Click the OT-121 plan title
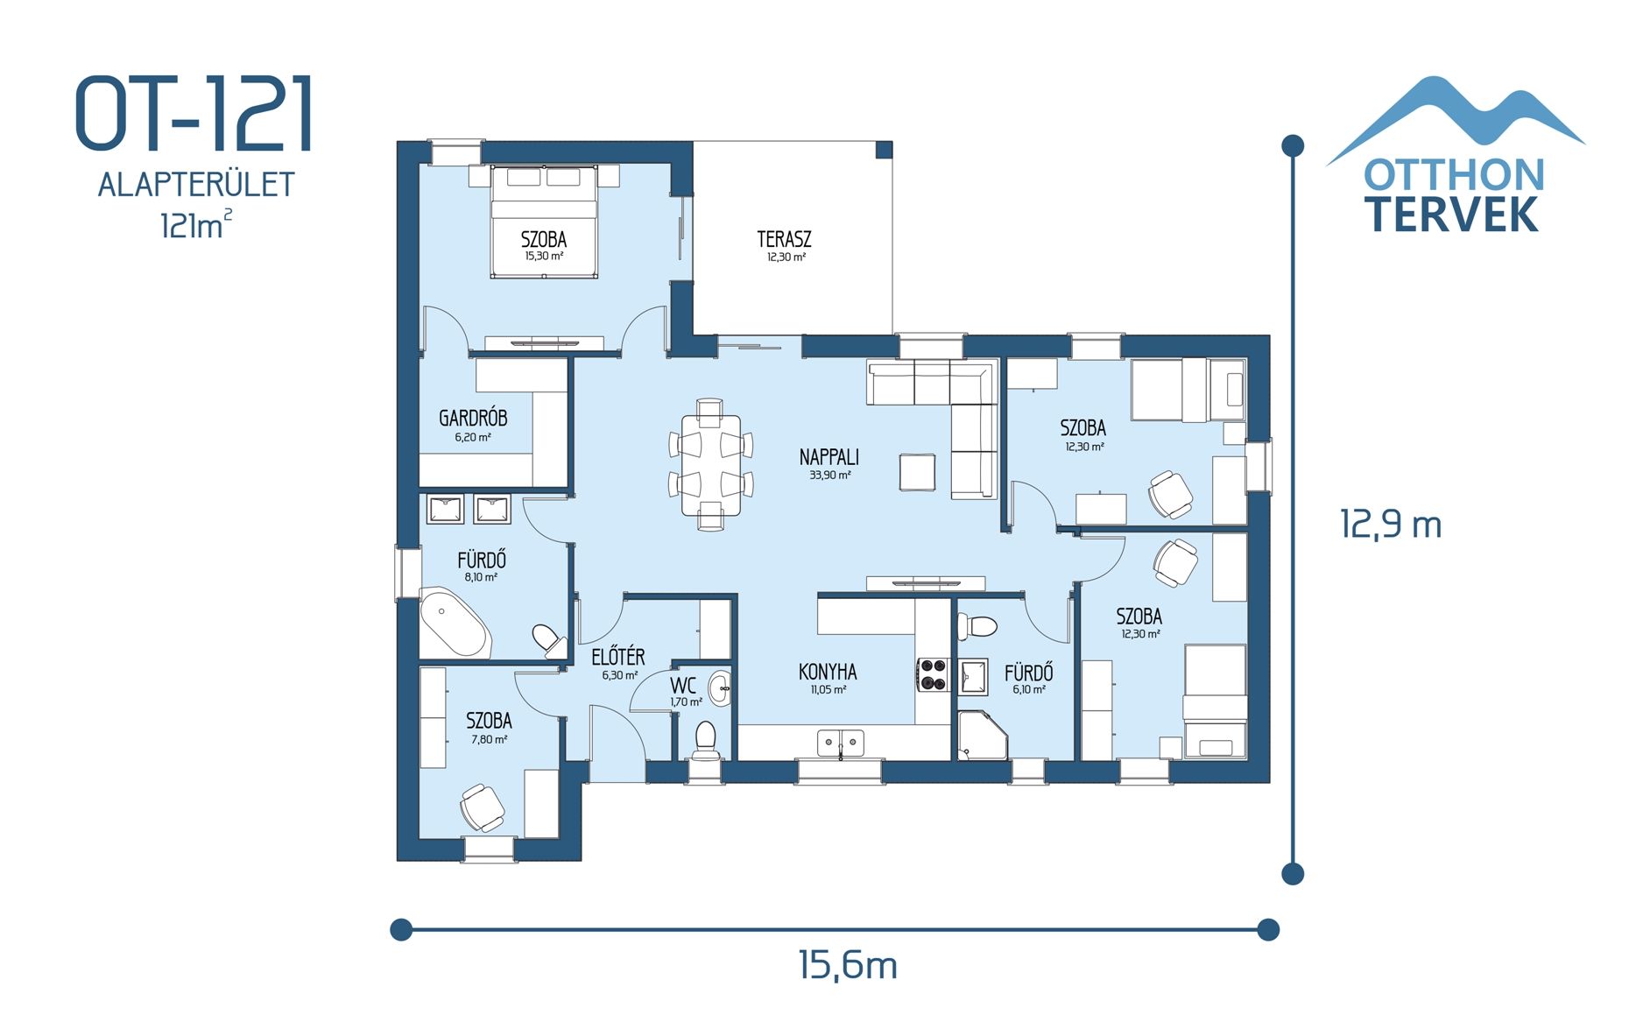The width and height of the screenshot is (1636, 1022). [194, 114]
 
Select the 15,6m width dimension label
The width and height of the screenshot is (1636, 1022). [847, 965]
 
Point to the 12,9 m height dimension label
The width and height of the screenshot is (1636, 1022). [1390, 524]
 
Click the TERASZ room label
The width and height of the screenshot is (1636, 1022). [784, 239]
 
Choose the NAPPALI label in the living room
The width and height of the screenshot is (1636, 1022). [829, 457]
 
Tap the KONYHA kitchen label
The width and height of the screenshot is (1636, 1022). [827, 672]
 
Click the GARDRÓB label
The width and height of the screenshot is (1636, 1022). [473, 419]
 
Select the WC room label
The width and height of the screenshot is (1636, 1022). [682, 686]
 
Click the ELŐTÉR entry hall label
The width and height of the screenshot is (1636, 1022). [617, 657]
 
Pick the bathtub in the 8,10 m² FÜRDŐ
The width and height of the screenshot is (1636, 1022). [454, 623]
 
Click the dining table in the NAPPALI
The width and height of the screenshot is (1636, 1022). [710, 465]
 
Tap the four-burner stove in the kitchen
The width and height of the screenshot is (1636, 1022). [934, 675]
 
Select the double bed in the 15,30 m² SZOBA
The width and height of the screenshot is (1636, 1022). [544, 222]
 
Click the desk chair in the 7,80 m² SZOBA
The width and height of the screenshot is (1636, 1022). [481, 806]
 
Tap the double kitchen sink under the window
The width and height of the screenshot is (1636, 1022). [840, 743]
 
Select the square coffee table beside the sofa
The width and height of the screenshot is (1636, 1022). [916, 472]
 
